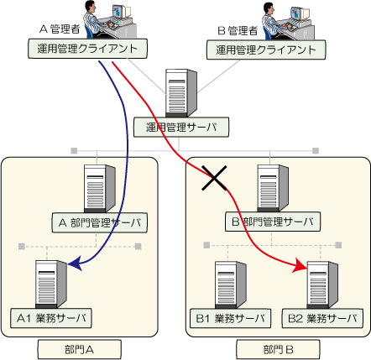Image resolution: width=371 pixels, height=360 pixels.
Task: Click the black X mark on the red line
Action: click(x=214, y=178)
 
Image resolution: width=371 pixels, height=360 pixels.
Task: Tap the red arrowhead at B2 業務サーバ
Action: click(x=300, y=266)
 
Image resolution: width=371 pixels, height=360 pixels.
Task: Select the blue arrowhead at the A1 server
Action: click(x=75, y=263)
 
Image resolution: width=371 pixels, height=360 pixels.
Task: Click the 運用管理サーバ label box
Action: click(x=181, y=128)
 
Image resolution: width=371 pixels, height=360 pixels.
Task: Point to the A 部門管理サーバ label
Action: click(x=100, y=222)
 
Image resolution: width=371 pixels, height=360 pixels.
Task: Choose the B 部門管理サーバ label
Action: click(x=273, y=222)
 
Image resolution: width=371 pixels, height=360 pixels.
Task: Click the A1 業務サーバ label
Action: click(x=51, y=318)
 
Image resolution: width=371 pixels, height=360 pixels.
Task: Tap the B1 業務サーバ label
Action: click(x=230, y=318)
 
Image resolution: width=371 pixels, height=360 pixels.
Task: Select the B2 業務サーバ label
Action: click(x=322, y=318)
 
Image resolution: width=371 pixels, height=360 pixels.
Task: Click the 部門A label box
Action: click(x=80, y=350)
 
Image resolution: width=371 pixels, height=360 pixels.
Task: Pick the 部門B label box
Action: click(x=278, y=350)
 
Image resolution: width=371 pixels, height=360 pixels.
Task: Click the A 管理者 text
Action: click(x=60, y=29)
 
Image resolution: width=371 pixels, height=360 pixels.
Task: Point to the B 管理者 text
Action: click(x=238, y=30)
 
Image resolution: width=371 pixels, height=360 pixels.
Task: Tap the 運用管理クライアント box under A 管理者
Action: click(x=87, y=49)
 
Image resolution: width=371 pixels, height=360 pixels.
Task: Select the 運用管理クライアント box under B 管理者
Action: click(x=266, y=50)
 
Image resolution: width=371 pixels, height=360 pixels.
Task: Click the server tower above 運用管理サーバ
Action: click(x=180, y=93)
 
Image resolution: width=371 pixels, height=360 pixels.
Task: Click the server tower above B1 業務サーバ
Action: click(x=230, y=285)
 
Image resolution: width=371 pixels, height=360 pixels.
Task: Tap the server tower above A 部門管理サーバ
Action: click(x=100, y=189)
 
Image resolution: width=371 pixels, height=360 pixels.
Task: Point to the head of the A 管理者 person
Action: click(x=91, y=7)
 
